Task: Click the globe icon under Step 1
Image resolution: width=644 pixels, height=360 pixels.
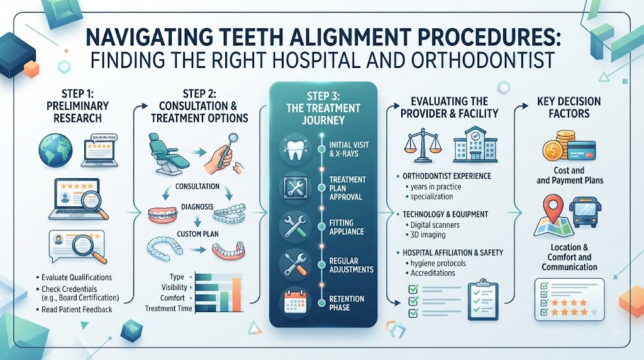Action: pos(55,150)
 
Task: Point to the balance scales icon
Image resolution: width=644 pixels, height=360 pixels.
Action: pos(423,145)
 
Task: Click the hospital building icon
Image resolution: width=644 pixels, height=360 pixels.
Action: pos(475,145)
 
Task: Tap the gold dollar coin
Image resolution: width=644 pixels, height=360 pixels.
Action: pos(553,150)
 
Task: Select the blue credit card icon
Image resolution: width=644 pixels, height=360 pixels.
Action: pos(581,150)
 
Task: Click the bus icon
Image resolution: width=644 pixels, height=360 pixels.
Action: pos(583,213)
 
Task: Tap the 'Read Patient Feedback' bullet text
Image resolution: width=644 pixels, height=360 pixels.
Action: pos(77,310)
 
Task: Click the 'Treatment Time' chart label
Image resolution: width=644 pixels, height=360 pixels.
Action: pos(169,308)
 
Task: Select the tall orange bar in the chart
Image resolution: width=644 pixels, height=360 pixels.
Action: pos(236,295)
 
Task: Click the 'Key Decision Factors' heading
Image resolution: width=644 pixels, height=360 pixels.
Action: pos(569,107)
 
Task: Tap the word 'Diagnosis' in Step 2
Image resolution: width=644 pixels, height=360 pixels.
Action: pos(197,206)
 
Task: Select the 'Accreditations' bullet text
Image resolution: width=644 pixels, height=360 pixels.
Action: pos(433,273)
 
